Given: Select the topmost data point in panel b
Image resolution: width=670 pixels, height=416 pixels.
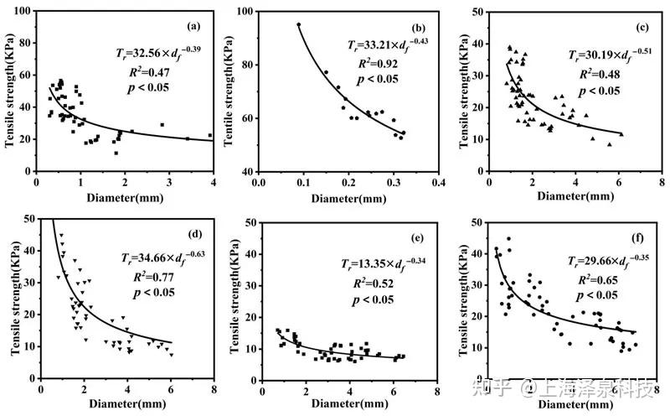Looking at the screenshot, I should pyautogui.click(x=298, y=24).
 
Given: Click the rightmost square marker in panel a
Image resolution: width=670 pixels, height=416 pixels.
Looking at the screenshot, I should pyautogui.click(x=210, y=135).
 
